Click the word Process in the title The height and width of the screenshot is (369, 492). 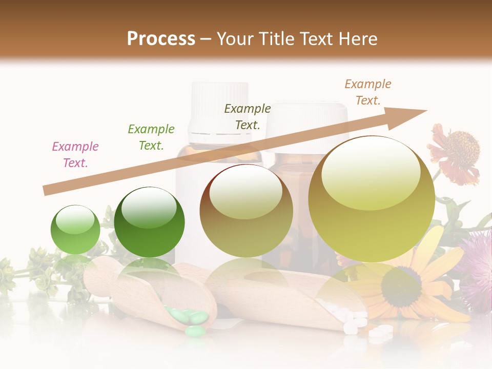[161, 39]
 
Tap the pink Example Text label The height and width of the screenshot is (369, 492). [75, 155]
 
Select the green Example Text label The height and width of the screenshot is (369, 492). [151, 137]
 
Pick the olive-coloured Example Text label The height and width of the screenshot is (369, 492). [248, 117]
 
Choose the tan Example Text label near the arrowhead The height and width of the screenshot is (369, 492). [368, 92]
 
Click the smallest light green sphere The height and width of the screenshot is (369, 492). [75, 230]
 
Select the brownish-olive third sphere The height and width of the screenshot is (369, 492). [246, 211]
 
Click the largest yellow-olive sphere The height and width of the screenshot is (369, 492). [372, 199]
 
